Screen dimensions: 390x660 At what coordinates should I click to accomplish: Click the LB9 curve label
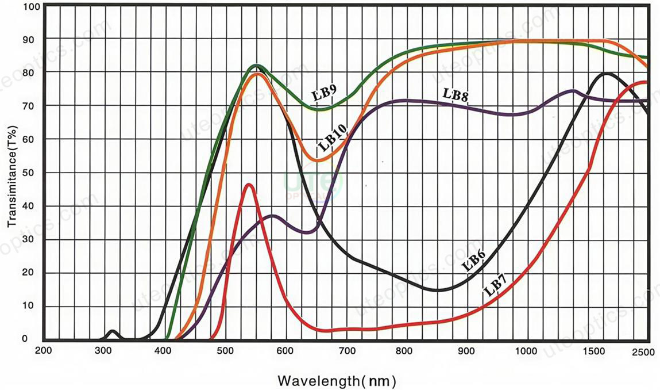pyautogui.click(x=325, y=93)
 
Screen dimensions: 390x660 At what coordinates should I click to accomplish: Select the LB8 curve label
pyautogui.click(x=455, y=94)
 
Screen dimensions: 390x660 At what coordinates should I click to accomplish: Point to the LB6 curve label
pyautogui.click(x=474, y=259)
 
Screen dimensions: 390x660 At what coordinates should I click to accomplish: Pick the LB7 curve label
pyautogui.click(x=495, y=286)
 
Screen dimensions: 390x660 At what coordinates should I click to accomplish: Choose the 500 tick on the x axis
pyautogui.click(x=225, y=351)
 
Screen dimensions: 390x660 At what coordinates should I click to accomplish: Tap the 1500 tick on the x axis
pyautogui.click(x=586, y=351)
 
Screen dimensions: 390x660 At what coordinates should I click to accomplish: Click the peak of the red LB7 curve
pyautogui.click(x=249, y=185)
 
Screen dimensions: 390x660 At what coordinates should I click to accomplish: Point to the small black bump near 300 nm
pyautogui.click(x=113, y=332)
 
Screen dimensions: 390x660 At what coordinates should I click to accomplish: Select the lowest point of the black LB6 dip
pyautogui.click(x=438, y=290)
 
